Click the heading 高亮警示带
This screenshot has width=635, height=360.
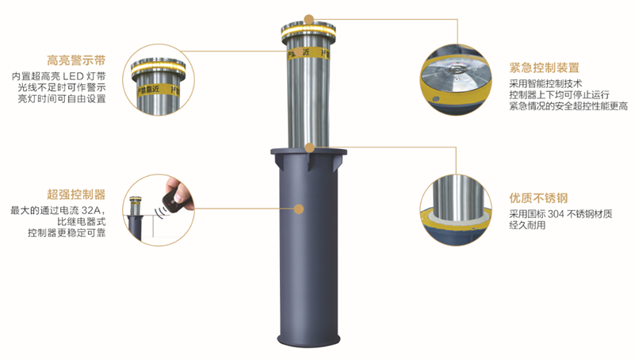tap(76, 61)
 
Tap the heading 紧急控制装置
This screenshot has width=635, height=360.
tap(544, 67)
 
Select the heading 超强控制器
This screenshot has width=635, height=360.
tap(76, 194)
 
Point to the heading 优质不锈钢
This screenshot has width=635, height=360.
tap(538, 198)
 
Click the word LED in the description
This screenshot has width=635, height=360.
tap(73, 76)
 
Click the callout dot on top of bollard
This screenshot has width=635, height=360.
tap(309, 19)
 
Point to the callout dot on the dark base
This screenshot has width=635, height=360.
tap(299, 209)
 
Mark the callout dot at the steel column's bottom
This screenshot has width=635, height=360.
tap(309, 147)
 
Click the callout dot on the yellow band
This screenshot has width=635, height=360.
tap(299, 52)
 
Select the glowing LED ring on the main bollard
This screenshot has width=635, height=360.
tap(308, 30)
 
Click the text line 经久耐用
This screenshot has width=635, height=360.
tap(527, 225)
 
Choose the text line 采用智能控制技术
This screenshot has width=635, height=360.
tap(545, 84)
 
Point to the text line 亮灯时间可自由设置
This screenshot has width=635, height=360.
tap(62, 99)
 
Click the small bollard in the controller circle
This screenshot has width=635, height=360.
tap(135, 217)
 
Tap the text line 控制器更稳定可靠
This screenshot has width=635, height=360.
tap(67, 233)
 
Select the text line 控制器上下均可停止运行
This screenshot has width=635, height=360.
tap(559, 95)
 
